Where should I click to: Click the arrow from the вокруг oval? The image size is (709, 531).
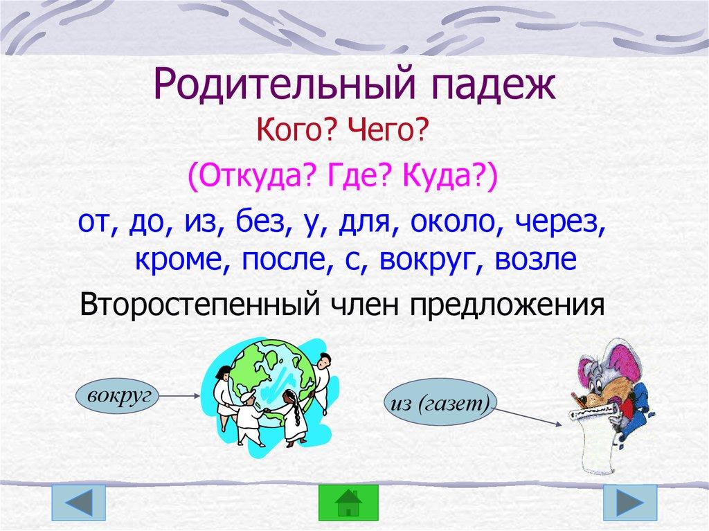pos(176,396)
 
